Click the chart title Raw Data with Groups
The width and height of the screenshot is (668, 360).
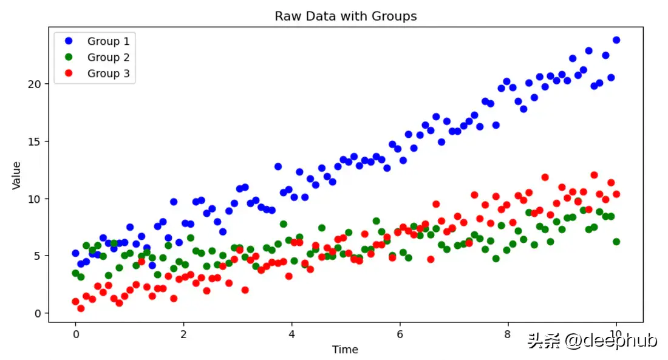point(346,16)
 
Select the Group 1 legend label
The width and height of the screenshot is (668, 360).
point(108,41)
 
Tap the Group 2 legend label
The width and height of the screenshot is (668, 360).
point(108,58)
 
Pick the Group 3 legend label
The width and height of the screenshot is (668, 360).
point(108,74)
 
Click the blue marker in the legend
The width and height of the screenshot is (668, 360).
point(69,41)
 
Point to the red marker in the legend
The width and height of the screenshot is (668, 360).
point(69,74)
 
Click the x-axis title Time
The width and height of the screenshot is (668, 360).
point(345,350)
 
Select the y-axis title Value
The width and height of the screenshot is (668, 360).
point(17,175)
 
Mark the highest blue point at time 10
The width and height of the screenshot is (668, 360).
point(616,40)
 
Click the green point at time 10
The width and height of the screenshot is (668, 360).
point(616,242)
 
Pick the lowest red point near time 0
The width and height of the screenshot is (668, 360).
point(81,308)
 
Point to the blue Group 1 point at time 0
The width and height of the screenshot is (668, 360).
point(75,253)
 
